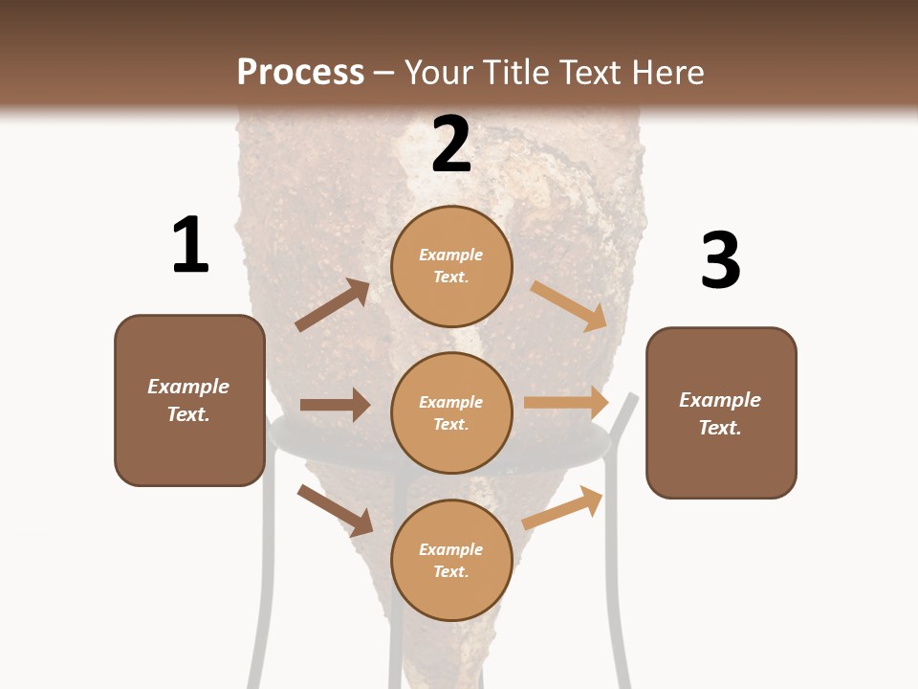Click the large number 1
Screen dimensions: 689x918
point(190,245)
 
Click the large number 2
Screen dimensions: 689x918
point(451,144)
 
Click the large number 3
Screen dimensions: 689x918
point(720,260)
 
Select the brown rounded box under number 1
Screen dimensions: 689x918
point(189,450)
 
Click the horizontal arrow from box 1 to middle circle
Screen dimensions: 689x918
point(336,405)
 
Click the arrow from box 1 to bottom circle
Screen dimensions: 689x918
point(335,509)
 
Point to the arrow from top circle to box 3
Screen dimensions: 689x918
point(570,305)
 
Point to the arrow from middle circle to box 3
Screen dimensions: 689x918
point(566,403)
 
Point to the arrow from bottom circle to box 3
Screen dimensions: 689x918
point(563,507)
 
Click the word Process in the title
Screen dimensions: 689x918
point(300,72)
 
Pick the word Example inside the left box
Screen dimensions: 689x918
point(188,387)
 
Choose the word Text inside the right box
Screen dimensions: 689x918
point(719,428)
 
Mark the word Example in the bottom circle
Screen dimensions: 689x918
point(451,549)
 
